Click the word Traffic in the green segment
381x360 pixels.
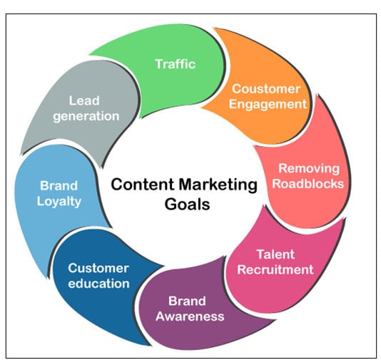coord(176,64)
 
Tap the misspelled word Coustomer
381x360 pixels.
coord(266,89)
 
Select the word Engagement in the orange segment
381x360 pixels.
coord(268,104)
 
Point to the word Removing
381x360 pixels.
coord(309,168)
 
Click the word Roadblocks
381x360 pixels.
coord(308,183)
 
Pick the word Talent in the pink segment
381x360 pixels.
coord(276,254)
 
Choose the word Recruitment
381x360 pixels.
coord(275,269)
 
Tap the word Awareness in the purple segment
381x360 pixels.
coord(190,317)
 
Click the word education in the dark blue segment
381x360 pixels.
coord(98,284)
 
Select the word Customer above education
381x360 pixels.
coord(98,268)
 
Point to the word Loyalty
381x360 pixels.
coord(59,202)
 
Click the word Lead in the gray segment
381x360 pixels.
coord(84,101)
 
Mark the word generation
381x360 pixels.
coord(86,116)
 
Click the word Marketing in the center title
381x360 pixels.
coord(218,185)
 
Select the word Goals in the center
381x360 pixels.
coord(187,205)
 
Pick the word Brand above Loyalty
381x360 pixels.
coord(59,186)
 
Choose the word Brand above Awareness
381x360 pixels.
coord(187,301)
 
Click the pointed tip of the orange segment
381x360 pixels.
coord(202,107)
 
